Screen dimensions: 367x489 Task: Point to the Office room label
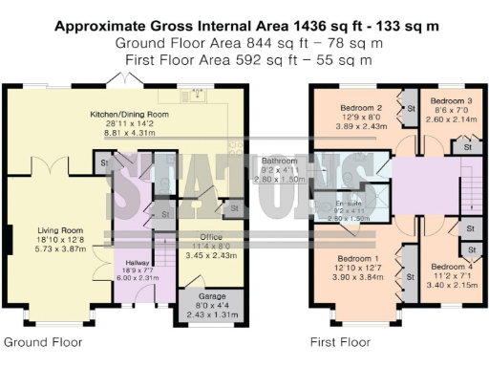tap(210, 237)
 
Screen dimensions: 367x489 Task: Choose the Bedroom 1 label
tap(353, 258)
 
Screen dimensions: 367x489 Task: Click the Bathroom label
tap(281, 162)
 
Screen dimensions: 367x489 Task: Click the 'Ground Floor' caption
tap(42, 341)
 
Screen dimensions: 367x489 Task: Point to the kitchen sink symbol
tap(202, 94)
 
